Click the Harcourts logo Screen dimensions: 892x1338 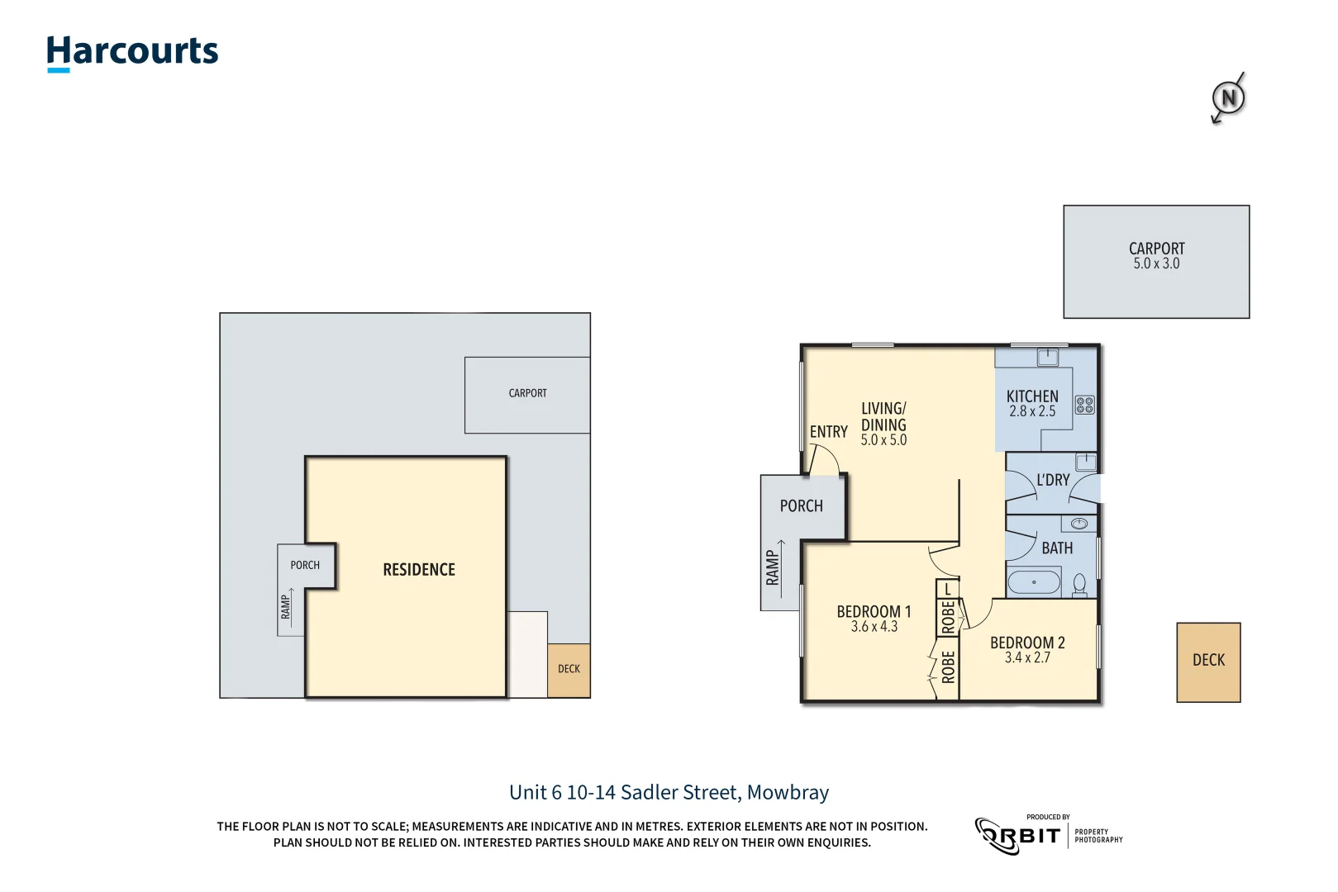(132, 52)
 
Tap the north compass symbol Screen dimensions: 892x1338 (1228, 98)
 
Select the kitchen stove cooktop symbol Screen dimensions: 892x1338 (1084, 405)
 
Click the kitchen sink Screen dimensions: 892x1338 (1048, 357)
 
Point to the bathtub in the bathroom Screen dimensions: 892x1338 (1034, 582)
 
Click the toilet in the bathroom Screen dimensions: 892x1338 (1079, 585)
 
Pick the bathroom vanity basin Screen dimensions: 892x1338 (1078, 524)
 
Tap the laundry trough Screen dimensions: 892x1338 (1086, 462)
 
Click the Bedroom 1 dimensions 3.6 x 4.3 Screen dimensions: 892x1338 (874, 627)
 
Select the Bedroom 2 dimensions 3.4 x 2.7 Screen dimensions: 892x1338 (1027, 658)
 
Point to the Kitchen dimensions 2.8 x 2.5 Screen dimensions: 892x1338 (1032, 411)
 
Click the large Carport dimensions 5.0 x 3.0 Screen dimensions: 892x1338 (1156, 264)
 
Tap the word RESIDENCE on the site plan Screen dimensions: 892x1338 (419, 570)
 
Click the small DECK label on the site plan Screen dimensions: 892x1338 (569, 669)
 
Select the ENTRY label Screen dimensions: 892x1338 (828, 432)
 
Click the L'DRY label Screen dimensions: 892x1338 (1053, 480)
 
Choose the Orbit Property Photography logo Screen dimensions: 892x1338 (1048, 835)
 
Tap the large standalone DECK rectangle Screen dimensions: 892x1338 (1208, 662)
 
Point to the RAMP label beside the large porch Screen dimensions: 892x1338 (773, 568)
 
